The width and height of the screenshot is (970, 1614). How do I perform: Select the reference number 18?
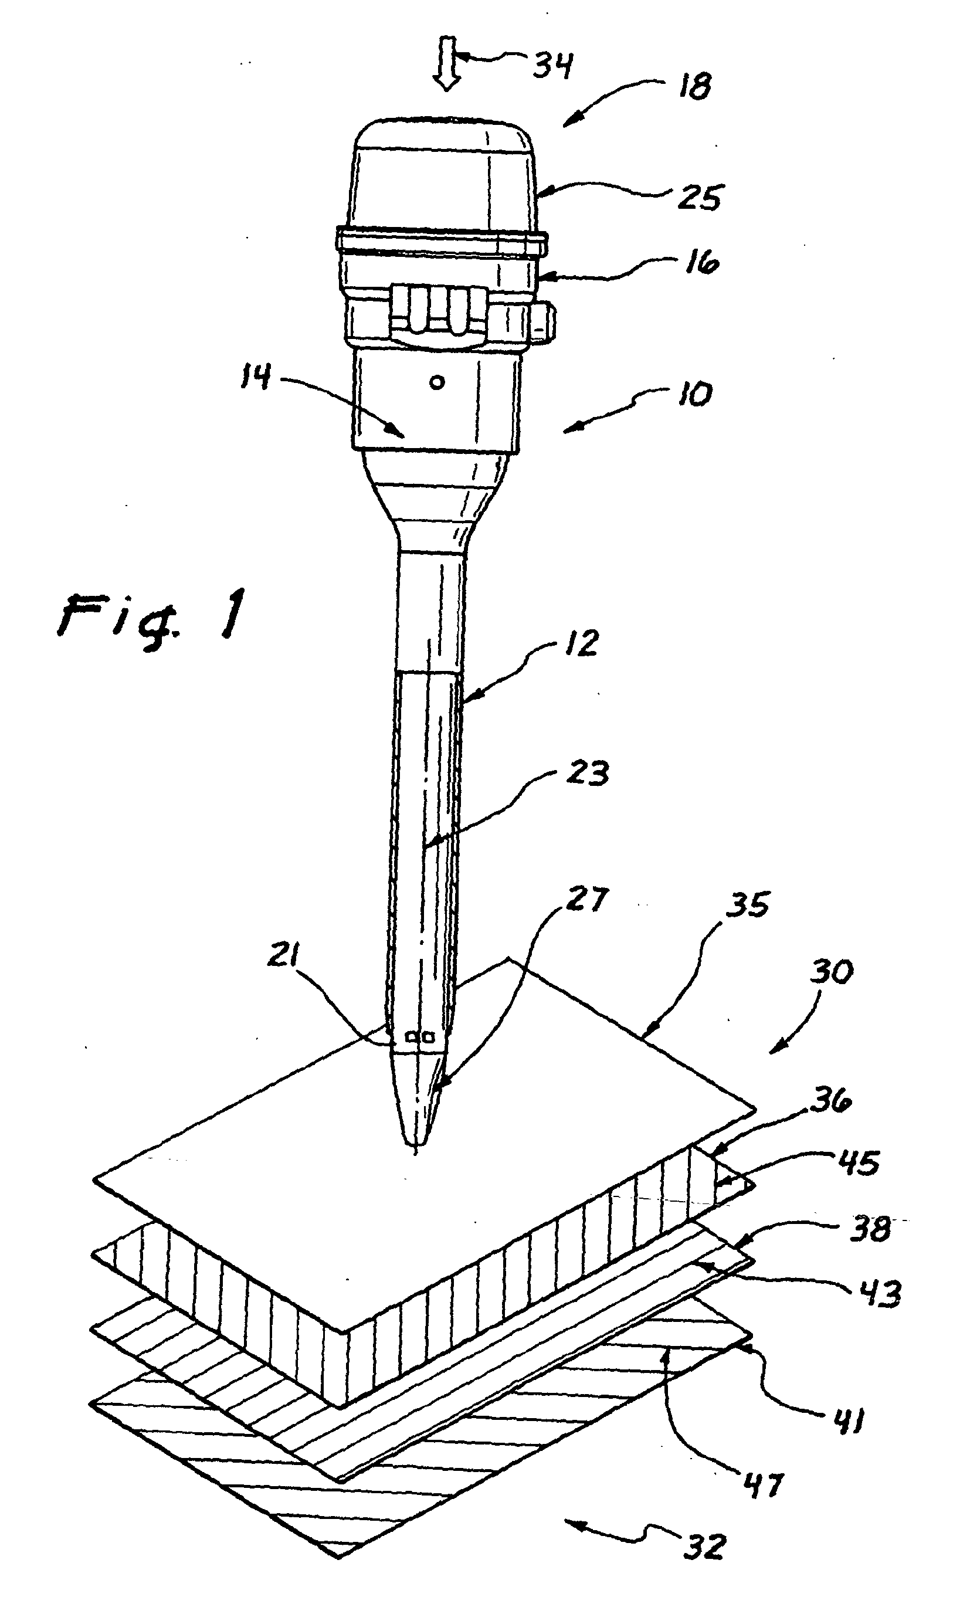coord(694,87)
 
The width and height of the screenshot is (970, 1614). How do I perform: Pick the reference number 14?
coord(255,377)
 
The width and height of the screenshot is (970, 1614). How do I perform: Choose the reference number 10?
coord(694,394)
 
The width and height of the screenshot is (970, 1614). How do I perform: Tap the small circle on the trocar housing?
coord(437,382)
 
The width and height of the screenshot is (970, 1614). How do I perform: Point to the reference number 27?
coord(586,900)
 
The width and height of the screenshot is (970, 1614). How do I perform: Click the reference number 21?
coord(284,956)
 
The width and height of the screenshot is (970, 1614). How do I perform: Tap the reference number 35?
coord(748,906)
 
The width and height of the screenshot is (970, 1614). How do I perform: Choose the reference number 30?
coord(832,972)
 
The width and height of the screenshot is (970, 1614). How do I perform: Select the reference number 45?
coord(858,1163)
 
